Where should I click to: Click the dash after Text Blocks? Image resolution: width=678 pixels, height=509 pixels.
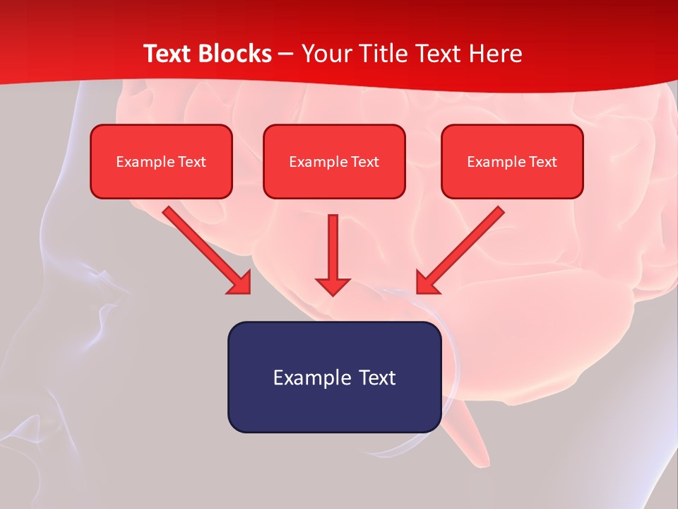[x=286, y=54]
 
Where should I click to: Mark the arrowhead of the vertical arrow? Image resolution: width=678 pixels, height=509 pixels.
[x=333, y=286]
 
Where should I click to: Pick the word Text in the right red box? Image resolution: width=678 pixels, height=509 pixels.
[x=543, y=162]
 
